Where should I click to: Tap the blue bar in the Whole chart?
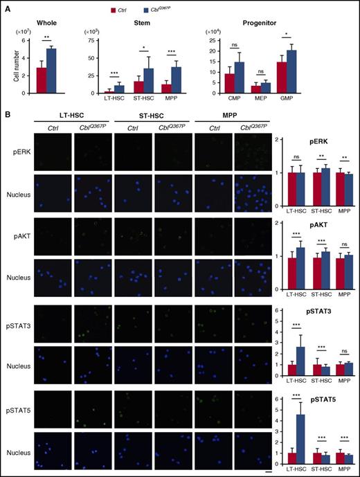(51, 71)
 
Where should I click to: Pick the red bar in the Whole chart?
(42, 80)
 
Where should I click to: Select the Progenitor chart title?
(259, 23)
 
